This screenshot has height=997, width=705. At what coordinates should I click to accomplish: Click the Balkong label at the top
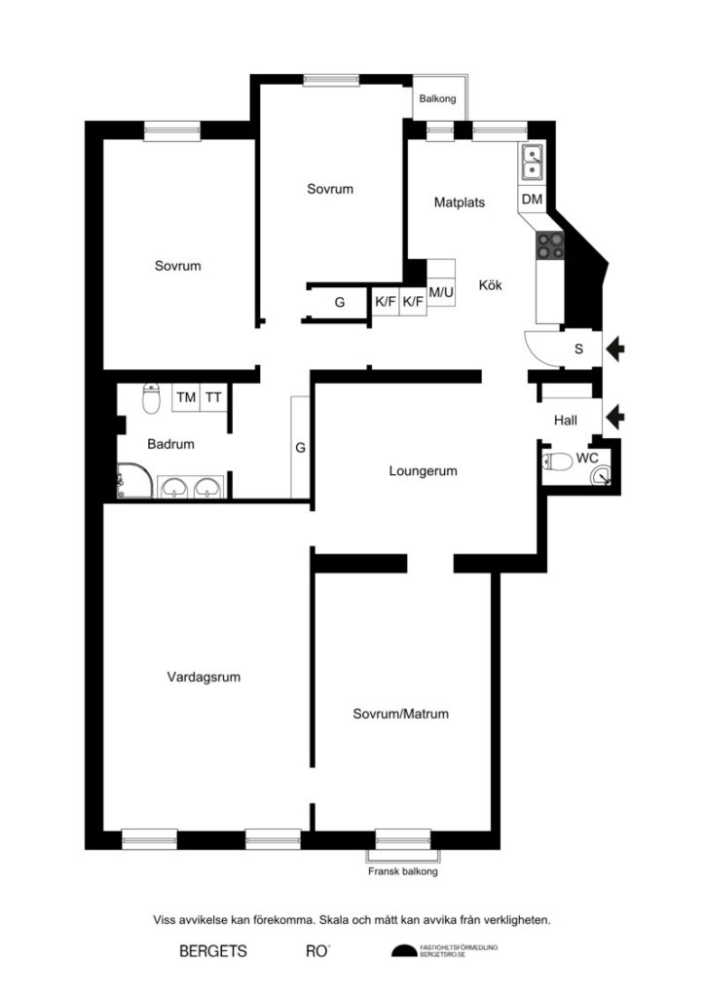point(438,98)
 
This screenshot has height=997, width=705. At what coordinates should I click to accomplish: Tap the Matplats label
point(459,203)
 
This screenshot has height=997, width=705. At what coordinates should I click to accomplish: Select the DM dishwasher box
point(532,200)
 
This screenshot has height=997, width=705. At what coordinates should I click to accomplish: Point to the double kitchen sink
point(533,163)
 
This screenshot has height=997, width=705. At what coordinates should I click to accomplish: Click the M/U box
point(442,292)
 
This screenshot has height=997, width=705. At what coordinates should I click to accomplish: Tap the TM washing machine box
point(186,397)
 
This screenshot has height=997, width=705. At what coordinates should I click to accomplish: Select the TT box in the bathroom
point(213,397)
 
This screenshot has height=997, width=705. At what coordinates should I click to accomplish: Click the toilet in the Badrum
point(151,397)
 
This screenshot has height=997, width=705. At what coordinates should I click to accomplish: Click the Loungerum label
point(423,471)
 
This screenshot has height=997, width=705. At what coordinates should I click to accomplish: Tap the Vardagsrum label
point(204,677)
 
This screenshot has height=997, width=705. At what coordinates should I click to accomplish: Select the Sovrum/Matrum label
point(400,714)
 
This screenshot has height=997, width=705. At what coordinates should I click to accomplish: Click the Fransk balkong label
point(402,872)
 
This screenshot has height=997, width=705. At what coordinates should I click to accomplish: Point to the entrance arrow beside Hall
point(616,418)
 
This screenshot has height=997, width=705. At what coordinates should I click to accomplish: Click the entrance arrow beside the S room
point(616,347)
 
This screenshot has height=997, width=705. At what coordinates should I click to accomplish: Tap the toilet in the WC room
point(558,462)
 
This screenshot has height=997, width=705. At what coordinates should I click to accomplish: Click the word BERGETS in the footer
point(213,950)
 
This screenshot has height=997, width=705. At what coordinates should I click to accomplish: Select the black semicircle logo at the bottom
point(402,951)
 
